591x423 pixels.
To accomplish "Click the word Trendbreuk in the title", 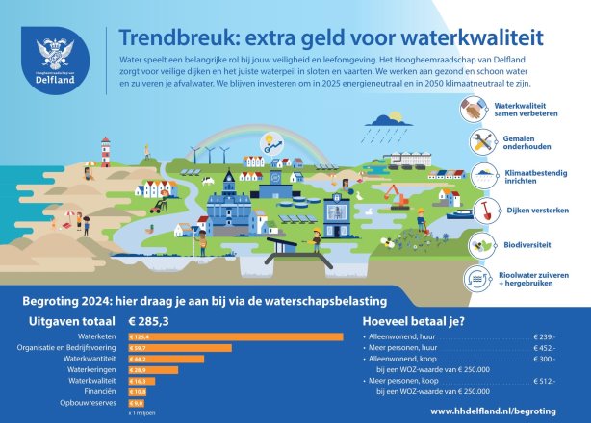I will pyautogui.click(x=167, y=37).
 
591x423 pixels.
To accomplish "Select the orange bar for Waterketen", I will pyautogui.click(x=235, y=336).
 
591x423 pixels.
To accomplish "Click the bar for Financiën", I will pyautogui.click(x=137, y=391).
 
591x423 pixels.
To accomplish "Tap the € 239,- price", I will pyautogui.click(x=547, y=337).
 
